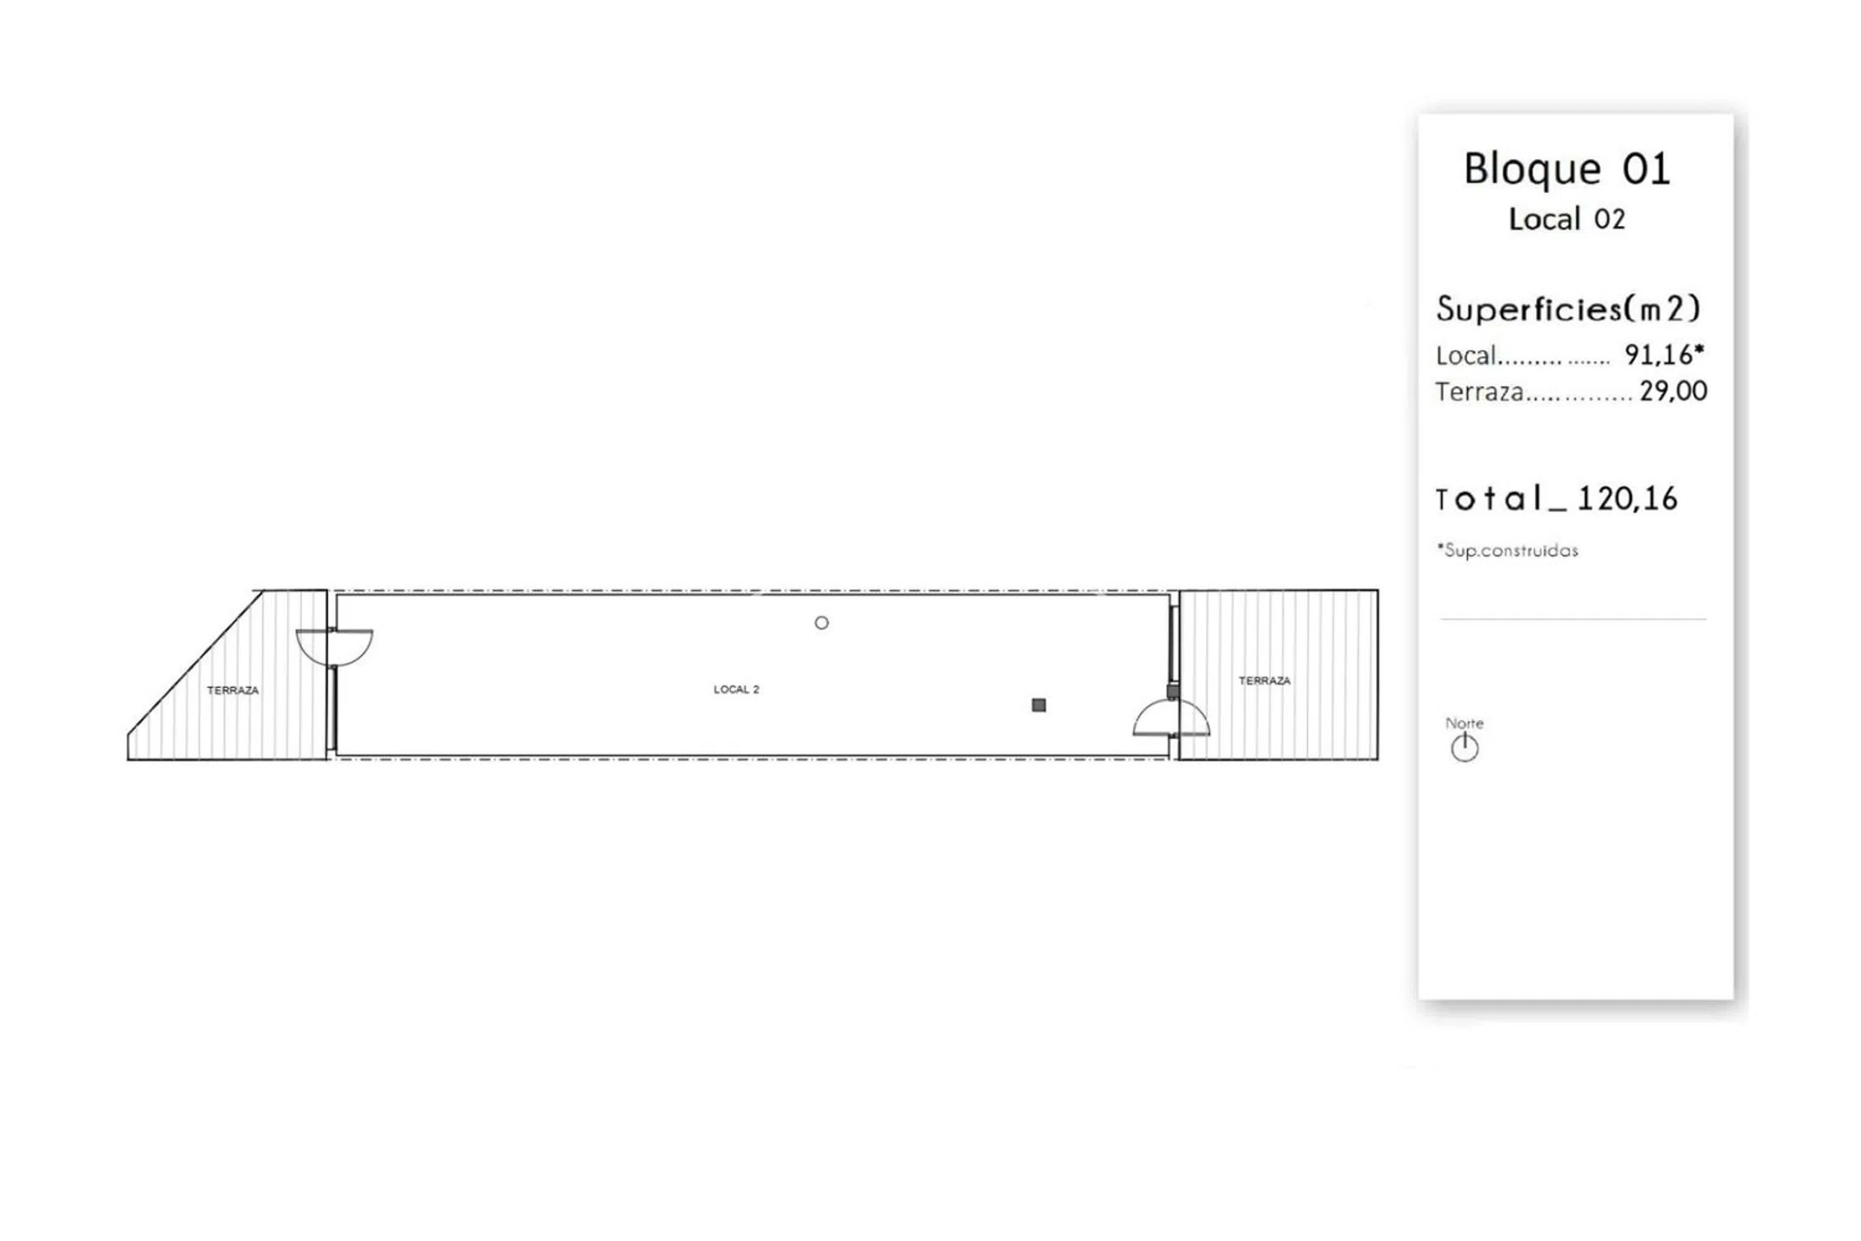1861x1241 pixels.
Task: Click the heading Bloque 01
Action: pos(1567,169)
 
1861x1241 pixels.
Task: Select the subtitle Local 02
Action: pos(1567,219)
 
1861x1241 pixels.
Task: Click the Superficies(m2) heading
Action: pos(1568,309)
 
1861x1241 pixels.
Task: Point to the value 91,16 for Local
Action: pos(1658,355)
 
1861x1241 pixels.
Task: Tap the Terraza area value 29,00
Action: pos(1673,391)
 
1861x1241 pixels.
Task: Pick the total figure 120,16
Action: pos(1627,498)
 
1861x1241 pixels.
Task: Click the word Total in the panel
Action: pos(1489,498)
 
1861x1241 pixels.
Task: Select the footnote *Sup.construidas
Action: pos(1507,550)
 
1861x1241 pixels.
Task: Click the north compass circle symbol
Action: pos(1465,748)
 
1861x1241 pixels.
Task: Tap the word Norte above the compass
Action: pos(1464,723)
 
